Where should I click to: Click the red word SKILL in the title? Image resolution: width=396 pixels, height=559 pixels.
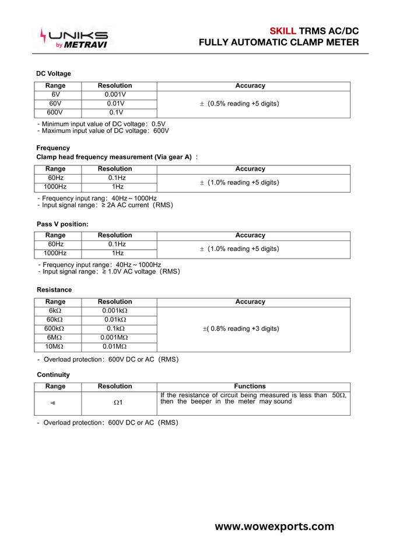283,31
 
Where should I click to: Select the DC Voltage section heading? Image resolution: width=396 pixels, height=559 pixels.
54,73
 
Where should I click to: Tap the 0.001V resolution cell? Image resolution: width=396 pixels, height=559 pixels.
115,94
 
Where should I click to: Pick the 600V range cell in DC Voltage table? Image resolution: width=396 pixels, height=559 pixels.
55,112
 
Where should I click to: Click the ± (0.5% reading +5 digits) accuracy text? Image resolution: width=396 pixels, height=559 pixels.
240,104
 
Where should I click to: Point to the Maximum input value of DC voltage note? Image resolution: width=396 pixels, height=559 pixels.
103,131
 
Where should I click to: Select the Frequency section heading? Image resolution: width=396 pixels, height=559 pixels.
53,148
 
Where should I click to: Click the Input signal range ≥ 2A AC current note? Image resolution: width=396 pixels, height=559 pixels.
105,205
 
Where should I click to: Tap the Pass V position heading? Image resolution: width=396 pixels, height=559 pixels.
62,224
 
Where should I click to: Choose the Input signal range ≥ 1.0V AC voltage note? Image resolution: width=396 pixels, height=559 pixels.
108,271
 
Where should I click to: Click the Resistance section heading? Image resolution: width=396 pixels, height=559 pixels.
54,289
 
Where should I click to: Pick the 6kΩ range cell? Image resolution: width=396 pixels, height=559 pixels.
55,311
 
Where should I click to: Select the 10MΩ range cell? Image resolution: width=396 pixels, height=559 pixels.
55,347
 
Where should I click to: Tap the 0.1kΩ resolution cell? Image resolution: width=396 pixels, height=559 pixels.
115,329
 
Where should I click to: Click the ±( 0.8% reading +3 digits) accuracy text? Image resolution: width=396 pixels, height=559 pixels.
241,329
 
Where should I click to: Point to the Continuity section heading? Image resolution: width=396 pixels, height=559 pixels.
53,374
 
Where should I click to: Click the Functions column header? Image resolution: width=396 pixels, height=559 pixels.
250,386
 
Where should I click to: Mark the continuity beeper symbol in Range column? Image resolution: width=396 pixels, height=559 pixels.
53,403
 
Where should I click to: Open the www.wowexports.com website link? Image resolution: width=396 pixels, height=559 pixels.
275,526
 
